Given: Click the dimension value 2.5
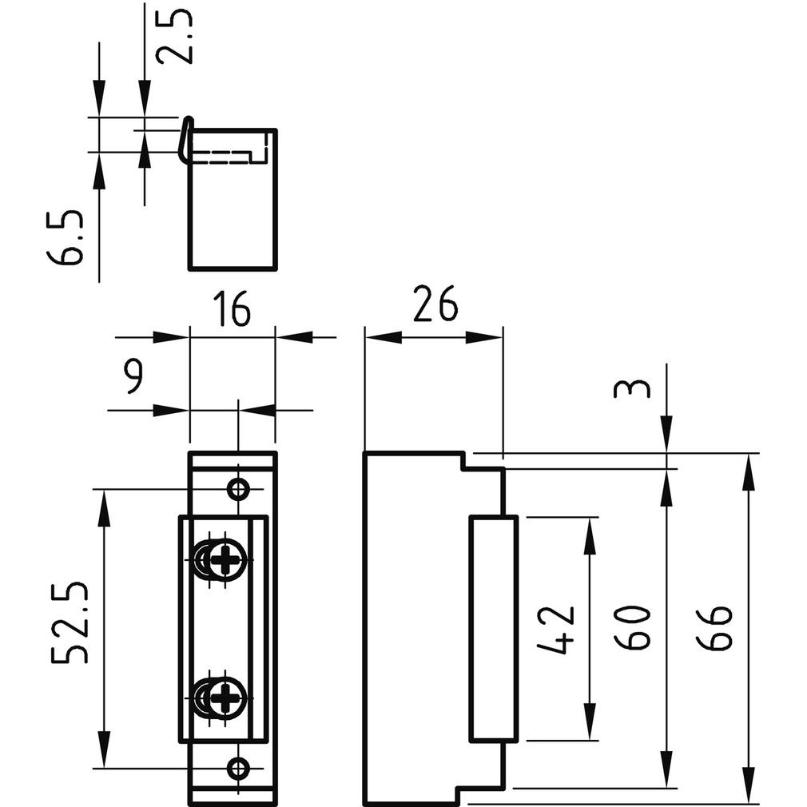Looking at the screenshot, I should [174, 37].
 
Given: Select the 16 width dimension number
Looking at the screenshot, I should [232, 309].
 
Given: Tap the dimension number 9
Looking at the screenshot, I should [133, 376].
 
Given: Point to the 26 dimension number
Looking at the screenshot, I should [435, 304].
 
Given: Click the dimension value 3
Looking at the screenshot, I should [632, 389].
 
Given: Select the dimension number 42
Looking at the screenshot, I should [556, 630].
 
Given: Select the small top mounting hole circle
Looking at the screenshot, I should [237, 489].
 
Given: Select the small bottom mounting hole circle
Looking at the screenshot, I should [237, 769].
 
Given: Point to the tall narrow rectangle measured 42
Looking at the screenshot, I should [493, 629].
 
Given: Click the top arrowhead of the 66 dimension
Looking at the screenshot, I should [748, 471].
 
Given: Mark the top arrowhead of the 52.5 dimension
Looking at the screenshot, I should [103, 508].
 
